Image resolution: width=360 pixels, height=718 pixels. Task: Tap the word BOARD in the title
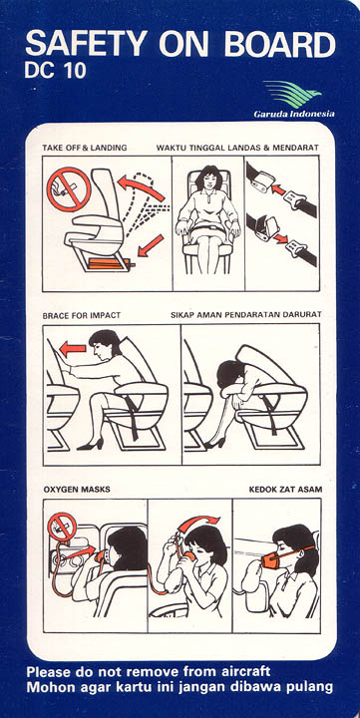(x=280, y=45)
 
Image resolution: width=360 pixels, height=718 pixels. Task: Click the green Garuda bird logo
(x=292, y=94)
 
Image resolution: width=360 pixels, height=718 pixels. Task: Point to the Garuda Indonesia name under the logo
(x=294, y=114)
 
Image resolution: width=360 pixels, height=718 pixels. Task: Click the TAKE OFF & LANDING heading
(x=85, y=148)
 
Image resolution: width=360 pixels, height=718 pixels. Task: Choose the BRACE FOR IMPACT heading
(x=82, y=315)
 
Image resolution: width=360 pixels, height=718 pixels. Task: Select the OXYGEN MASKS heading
(x=77, y=490)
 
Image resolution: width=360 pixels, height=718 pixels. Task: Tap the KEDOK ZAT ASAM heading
(x=285, y=490)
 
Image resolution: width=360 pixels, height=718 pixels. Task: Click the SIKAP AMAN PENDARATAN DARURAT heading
(x=246, y=315)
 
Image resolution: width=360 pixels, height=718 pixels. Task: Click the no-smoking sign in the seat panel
(x=69, y=189)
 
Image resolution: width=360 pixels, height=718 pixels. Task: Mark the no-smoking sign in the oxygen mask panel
(x=62, y=527)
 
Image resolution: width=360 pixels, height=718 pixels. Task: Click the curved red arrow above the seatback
(x=141, y=188)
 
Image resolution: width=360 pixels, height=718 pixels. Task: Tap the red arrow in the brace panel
(x=73, y=349)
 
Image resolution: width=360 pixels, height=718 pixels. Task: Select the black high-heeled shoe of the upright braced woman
(x=90, y=444)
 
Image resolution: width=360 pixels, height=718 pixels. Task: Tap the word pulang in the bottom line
(x=309, y=688)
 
